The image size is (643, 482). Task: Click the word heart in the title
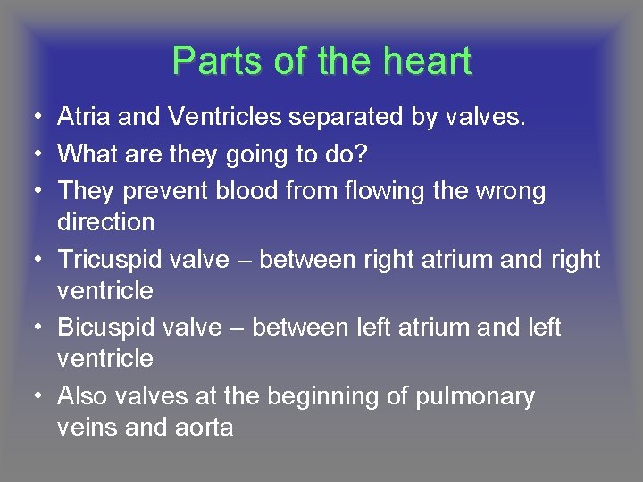point(428,62)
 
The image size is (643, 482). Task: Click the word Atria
point(82,116)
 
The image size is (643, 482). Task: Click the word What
point(86,154)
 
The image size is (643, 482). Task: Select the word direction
point(105,221)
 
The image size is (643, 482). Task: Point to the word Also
point(82,396)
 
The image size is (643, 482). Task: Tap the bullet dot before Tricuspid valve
point(31,260)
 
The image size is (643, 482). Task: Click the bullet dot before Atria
point(31,117)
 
